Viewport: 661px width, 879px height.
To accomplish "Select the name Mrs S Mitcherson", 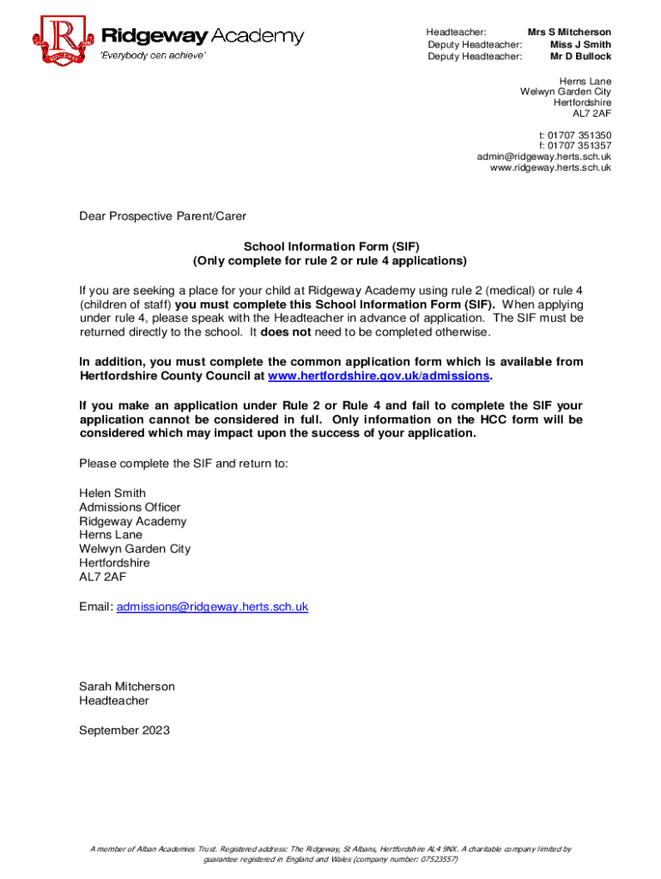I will point(569,32).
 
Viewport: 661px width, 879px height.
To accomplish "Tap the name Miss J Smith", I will point(580,45).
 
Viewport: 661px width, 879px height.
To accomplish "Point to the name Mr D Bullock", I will point(580,57).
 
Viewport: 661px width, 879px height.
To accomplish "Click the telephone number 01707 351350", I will point(580,135).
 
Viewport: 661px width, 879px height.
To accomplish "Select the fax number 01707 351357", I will point(580,146).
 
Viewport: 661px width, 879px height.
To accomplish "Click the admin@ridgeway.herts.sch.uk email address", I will point(543,157).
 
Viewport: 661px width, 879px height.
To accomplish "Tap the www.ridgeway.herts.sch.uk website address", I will point(550,168).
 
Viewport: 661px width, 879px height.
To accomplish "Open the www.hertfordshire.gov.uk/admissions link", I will point(379,376).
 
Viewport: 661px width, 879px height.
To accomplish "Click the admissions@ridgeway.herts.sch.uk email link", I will point(212,607).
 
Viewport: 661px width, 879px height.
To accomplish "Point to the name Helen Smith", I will point(112,494).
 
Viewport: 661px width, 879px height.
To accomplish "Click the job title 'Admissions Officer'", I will point(130,507).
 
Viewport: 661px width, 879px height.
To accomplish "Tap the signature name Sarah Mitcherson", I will point(127,687).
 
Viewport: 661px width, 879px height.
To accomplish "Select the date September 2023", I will point(124,730).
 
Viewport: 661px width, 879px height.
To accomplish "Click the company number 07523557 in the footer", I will point(437,858).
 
